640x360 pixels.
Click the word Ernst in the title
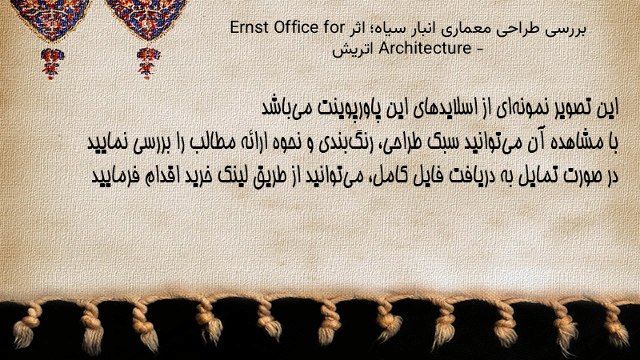250,28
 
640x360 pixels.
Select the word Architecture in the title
425,48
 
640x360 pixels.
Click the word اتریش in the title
353,50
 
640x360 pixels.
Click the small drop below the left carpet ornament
51,63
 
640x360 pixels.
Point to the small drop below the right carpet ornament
148,63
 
